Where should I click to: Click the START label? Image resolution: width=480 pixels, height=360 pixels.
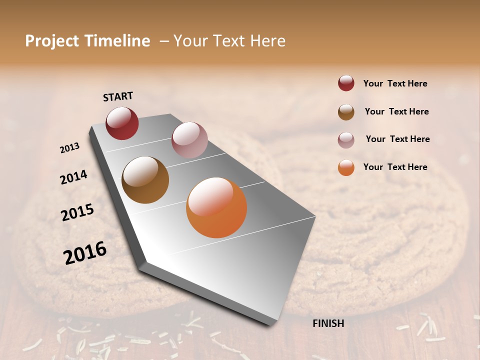118,96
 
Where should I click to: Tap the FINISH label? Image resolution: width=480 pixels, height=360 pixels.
328,323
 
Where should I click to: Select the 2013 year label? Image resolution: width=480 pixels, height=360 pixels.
69,148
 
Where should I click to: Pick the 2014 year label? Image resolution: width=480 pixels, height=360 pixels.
73,177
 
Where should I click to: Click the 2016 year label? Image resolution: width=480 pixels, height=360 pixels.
85,253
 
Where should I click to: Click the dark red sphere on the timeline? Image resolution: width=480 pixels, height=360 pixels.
122,123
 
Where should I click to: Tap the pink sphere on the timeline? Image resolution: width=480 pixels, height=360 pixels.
189,140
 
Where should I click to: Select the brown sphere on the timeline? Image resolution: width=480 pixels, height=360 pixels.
145,180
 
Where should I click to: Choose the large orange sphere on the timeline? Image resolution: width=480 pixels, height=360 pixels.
216,207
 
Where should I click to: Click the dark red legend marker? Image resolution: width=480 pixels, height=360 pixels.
346,83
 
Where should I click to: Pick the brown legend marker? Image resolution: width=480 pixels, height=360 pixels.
346,111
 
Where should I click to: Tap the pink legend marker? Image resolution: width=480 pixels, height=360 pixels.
346,139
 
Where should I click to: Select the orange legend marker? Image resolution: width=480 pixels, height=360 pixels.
346,167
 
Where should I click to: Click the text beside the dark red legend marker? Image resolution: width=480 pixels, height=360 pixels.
395,83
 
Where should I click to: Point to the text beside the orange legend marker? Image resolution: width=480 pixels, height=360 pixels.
395,167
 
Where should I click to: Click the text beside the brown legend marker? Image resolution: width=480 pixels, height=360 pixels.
396,111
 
